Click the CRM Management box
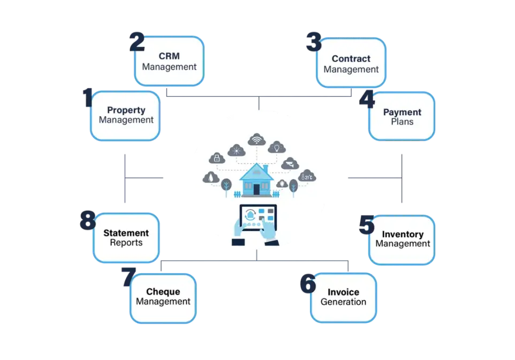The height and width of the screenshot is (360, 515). tap(169, 62)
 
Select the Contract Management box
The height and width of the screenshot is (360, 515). tap(351, 64)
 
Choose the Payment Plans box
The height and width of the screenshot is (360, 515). tap(402, 117)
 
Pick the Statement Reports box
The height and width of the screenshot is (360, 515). tap(126, 238)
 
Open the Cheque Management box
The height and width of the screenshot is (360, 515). tap(163, 297)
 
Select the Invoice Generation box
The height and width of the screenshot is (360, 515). tap(343, 297)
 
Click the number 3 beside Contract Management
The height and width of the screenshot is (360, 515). tap(313, 42)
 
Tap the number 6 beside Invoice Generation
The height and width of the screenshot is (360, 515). tap(307, 284)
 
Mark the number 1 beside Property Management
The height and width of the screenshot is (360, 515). tap(87, 98)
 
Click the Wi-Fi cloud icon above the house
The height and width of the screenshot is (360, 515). tap(257, 140)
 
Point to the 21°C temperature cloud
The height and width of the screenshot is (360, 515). tap(308, 175)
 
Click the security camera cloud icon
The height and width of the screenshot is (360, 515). tap(291, 163)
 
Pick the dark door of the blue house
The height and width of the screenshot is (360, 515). tap(257, 189)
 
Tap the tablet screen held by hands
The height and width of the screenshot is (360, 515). tap(257, 217)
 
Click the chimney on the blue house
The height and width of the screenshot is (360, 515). tap(266, 169)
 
